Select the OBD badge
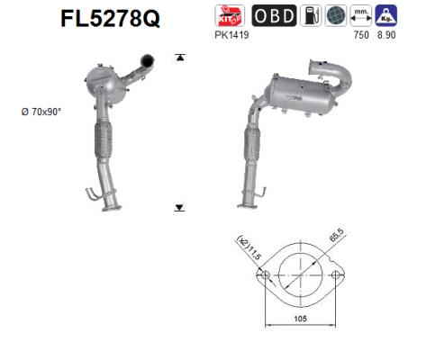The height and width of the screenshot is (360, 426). point(271,16)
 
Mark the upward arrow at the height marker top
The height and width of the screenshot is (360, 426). point(180,58)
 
